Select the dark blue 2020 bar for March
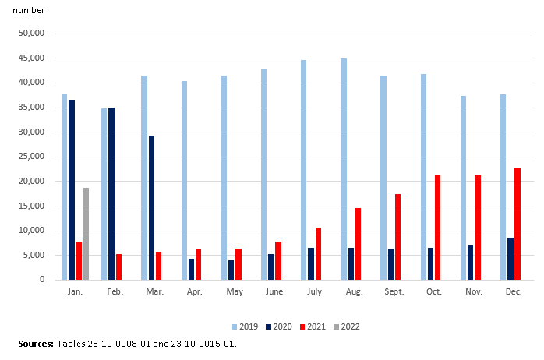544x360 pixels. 151,207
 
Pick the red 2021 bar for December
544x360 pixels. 518,224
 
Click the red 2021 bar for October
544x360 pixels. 438,227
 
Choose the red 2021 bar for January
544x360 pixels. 79,260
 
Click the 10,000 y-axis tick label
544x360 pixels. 32,231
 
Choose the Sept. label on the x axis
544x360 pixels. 394,291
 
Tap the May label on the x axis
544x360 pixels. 235,291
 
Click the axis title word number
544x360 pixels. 29,11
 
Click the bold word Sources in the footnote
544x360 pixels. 36,344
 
